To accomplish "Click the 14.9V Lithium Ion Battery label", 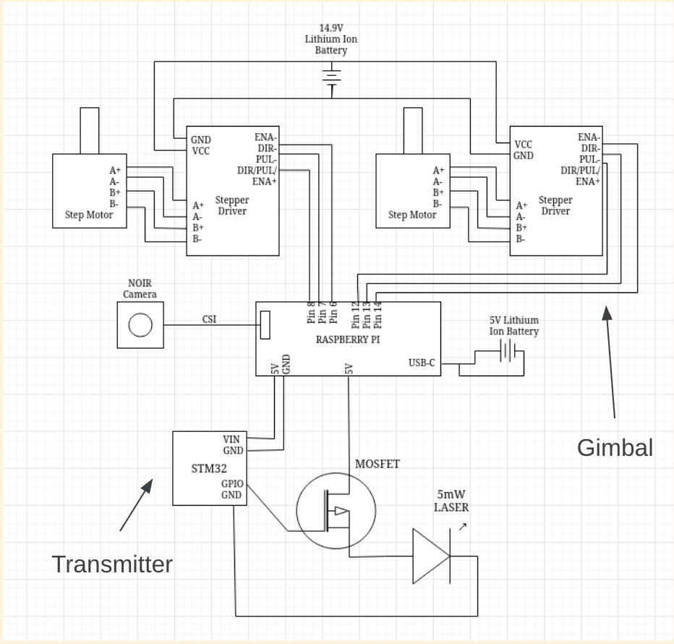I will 330,41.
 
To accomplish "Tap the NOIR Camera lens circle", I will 140,326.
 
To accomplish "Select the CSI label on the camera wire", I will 209,319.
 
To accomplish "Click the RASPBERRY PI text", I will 348,339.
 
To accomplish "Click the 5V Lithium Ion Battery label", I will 513,326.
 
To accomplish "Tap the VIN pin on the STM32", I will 231,438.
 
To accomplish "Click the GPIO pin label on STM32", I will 231,483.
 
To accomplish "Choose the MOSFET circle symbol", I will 336,509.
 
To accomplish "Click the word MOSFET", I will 377,464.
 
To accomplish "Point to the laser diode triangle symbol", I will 431,556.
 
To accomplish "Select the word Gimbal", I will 615,448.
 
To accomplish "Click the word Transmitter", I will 112,564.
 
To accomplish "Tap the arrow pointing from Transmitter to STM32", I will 136,505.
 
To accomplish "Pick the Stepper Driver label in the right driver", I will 555,206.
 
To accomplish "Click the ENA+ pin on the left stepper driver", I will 265,181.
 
